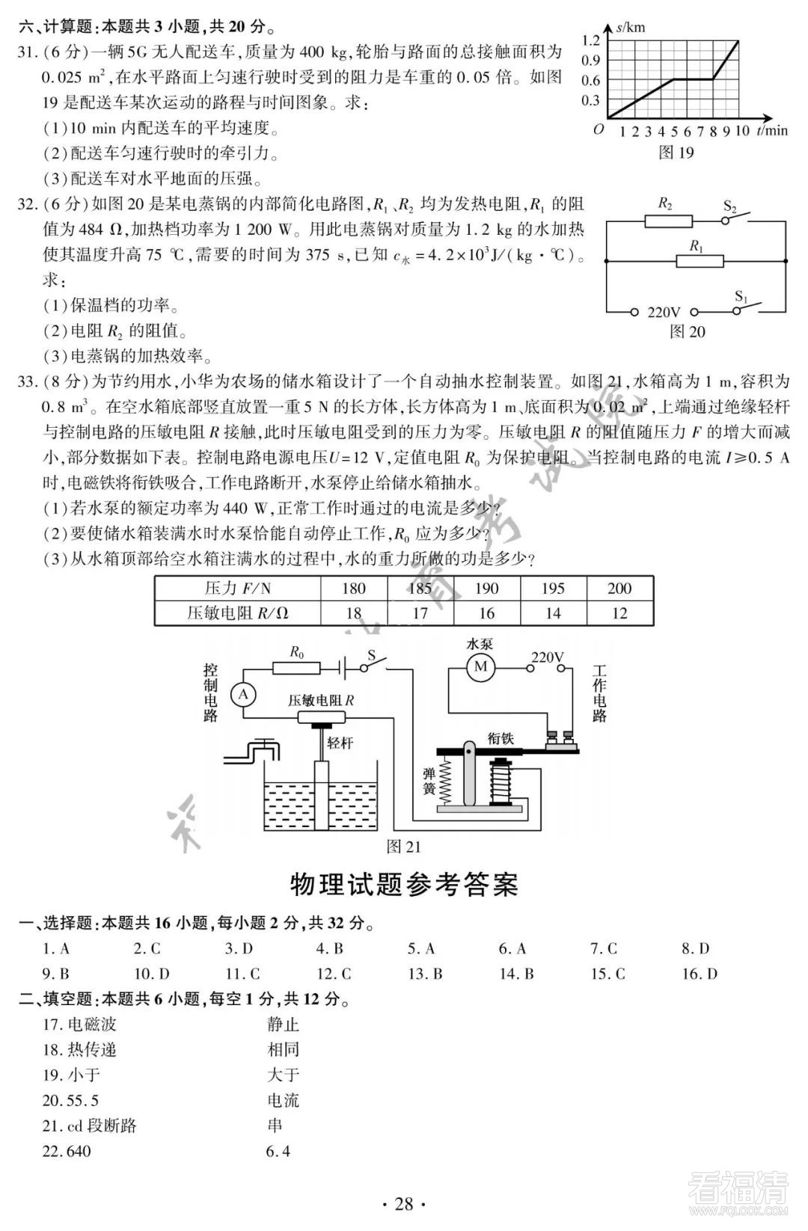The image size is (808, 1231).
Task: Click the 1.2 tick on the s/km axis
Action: coord(590,40)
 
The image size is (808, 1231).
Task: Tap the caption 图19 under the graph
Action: coord(676,153)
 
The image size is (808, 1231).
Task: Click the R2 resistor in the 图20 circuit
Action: coord(668,221)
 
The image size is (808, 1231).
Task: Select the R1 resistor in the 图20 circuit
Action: coord(700,261)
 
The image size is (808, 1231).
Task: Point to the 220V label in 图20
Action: coord(664,313)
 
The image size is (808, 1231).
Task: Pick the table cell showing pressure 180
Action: coord(353,589)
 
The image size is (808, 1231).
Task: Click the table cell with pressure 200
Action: coord(619,589)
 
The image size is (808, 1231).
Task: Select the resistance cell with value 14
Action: coord(553,613)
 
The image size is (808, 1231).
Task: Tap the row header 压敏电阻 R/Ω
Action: coord(237,613)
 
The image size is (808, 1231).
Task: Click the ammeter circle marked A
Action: coord(242,695)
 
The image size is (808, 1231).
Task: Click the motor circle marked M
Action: coord(481,666)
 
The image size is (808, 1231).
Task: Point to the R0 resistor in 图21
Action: coord(297,668)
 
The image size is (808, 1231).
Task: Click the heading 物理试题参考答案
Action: coord(404,885)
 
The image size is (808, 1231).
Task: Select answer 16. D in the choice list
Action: coord(699,974)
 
